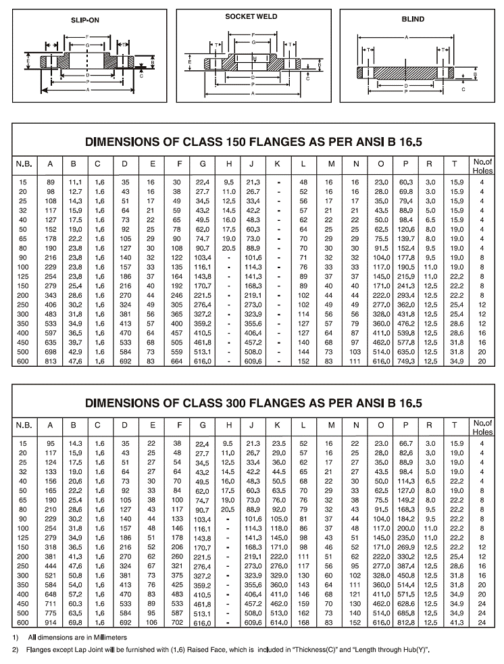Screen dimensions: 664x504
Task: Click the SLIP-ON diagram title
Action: [x=84, y=20]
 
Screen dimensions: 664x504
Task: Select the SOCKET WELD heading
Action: [x=251, y=16]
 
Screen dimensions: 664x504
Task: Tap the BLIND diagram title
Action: [x=413, y=19]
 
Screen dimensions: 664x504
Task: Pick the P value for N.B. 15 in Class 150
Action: [x=406, y=182]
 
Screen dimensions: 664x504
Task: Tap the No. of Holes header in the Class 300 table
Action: [x=482, y=428]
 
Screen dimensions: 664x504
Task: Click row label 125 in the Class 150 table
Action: [x=24, y=277]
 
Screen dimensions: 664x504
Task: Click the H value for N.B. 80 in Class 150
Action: [x=229, y=249]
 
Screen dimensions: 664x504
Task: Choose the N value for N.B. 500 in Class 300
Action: [x=355, y=613]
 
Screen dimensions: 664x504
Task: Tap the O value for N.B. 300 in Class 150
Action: [x=382, y=315]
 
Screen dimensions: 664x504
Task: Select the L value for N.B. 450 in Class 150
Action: [x=304, y=343]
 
